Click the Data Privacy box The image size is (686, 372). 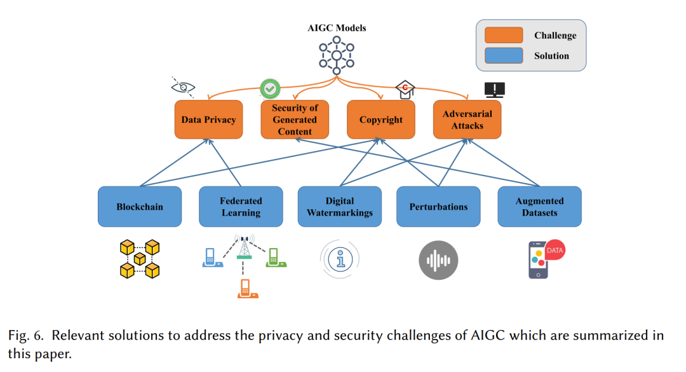(208, 120)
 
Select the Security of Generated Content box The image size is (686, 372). (295, 120)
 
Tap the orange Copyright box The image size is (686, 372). (381, 120)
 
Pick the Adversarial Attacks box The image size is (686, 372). (467, 120)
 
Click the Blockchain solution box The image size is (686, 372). (139, 207)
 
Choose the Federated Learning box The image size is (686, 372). (241, 207)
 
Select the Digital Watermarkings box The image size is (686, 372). (339, 207)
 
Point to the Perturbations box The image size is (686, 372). (438, 207)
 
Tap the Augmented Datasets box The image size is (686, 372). (539, 207)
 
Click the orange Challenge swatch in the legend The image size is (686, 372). (503, 35)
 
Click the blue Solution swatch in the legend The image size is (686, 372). (503, 55)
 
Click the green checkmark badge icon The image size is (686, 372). (270, 88)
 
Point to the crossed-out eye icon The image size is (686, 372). (184, 87)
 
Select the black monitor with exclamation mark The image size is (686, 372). (494, 90)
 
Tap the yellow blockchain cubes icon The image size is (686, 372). (139, 259)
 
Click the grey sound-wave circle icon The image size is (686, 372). (438, 260)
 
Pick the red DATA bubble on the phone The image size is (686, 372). (555, 251)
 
